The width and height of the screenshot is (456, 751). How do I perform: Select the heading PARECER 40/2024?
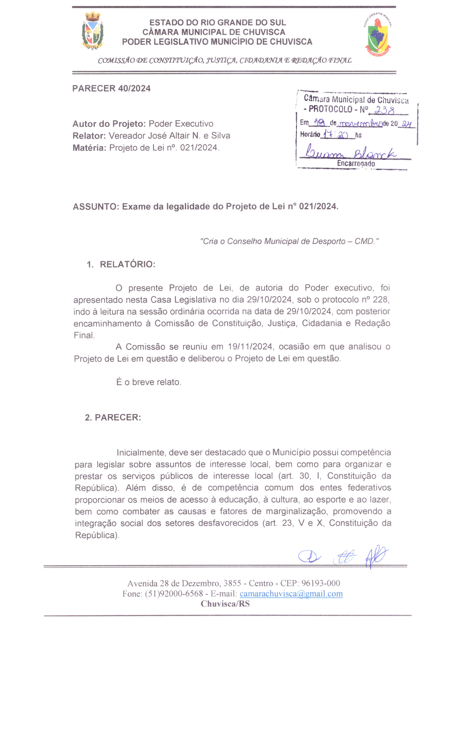tap(111, 88)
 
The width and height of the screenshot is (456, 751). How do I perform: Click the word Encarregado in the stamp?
tap(356, 163)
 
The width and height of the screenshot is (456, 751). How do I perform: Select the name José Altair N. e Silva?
tap(169, 136)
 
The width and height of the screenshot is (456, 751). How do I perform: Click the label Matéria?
tap(89, 148)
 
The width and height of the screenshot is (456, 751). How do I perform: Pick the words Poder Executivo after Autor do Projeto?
tap(181, 124)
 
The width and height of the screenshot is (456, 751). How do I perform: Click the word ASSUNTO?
tap(96, 207)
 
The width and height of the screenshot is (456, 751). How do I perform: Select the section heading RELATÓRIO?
tap(127, 264)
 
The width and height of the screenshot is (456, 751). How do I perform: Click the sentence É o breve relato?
tap(149, 382)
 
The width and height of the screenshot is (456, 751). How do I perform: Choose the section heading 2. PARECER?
tap(113, 418)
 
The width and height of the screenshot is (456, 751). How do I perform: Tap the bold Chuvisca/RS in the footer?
tap(225, 604)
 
